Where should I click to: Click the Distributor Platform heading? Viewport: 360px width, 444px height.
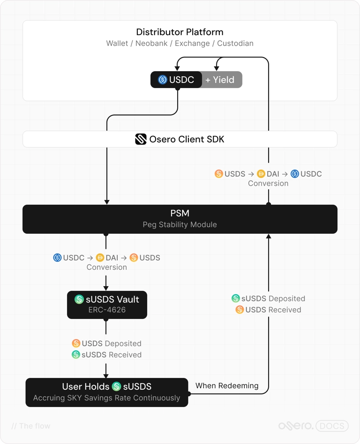[180, 32]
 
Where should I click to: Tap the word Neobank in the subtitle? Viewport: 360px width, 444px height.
[151, 44]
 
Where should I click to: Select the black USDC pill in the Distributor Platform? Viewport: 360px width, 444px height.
[176, 80]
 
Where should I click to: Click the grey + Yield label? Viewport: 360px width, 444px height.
[220, 80]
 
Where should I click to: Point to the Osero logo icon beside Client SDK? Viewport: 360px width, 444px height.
[141, 139]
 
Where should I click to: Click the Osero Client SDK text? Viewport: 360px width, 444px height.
[187, 139]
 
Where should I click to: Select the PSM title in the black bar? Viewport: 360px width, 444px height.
[180, 213]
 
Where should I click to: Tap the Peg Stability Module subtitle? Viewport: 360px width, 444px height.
[180, 224]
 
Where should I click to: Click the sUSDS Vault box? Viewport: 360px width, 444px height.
[107, 305]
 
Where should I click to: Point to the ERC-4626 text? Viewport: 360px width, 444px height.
[107, 310]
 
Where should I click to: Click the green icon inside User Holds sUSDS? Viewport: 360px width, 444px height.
[117, 386]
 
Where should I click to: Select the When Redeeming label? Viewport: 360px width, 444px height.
[227, 385]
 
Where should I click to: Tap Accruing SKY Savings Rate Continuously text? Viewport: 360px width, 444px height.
[106, 398]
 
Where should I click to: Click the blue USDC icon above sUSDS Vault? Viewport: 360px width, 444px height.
[57, 258]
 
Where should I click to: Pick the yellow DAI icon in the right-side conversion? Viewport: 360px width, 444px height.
[261, 174]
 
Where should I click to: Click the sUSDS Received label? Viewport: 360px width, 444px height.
[112, 355]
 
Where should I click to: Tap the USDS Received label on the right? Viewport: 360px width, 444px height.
[273, 310]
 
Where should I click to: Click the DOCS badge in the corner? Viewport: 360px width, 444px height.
[332, 426]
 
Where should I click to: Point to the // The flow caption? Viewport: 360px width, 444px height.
[31, 426]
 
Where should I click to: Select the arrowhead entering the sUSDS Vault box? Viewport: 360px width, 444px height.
[106, 288]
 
